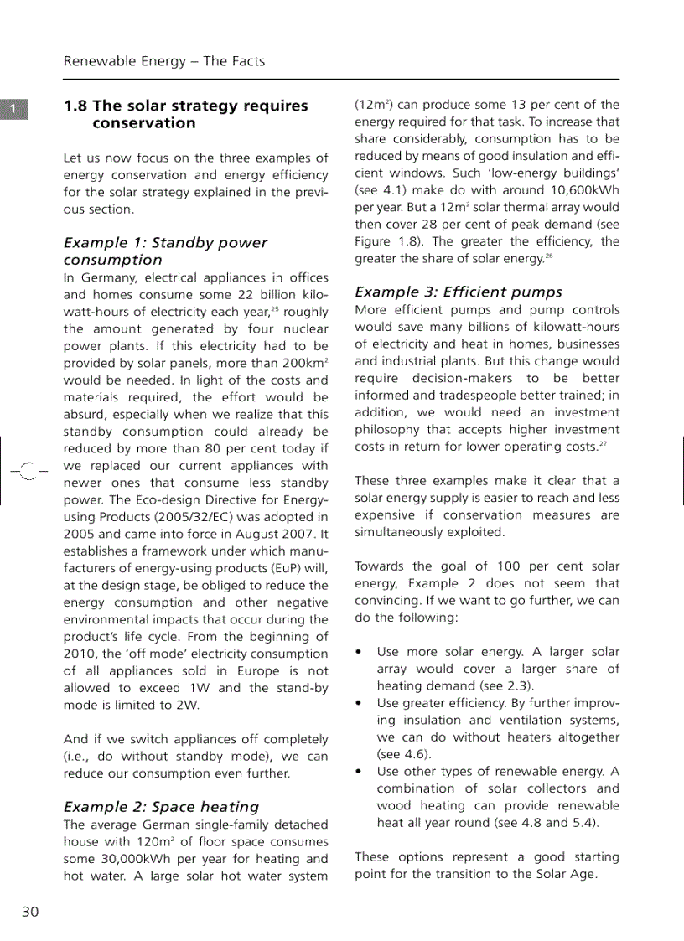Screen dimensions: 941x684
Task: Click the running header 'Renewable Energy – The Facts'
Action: pyautogui.click(x=164, y=61)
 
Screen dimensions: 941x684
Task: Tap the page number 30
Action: pyautogui.click(x=30, y=912)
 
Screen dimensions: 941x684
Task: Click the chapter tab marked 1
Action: pyautogui.click(x=14, y=110)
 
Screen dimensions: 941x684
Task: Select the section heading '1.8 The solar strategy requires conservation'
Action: pyautogui.click(x=186, y=115)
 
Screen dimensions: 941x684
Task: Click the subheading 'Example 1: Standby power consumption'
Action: pyautogui.click(x=165, y=251)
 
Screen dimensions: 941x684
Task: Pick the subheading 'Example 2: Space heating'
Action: pyautogui.click(x=162, y=807)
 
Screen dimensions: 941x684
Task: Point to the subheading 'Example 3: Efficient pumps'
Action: pyautogui.click(x=459, y=292)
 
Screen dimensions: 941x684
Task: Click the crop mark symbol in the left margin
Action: pyautogui.click(x=25, y=473)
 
